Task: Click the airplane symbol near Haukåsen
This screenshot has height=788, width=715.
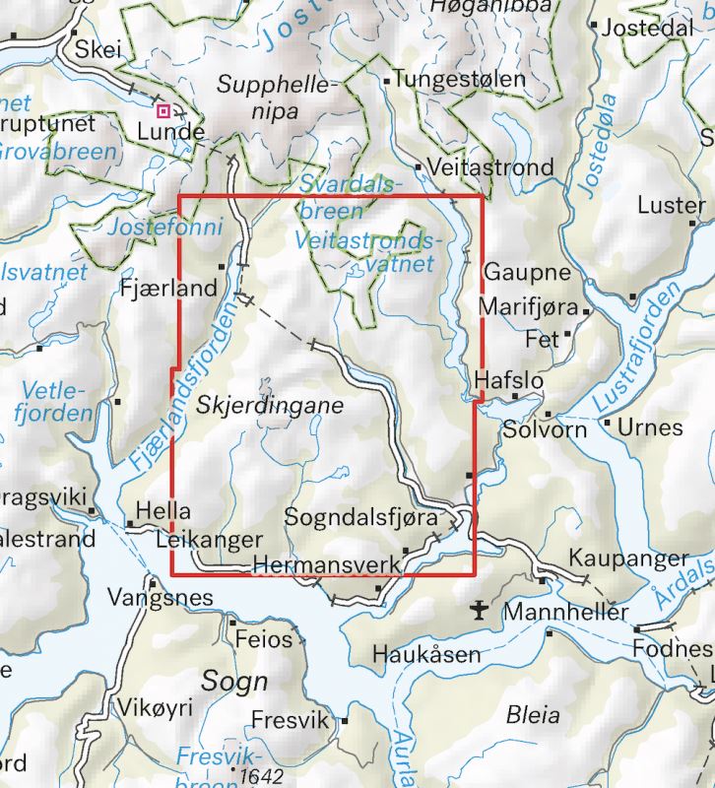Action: [x=479, y=611]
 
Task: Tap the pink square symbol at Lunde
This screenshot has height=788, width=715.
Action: [x=164, y=110]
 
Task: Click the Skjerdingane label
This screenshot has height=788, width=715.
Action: [x=269, y=405]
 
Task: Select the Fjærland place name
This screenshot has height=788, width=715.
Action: [x=166, y=290]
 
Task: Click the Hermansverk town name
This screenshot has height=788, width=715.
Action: [x=328, y=564]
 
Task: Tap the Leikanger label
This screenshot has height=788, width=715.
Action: [x=210, y=540]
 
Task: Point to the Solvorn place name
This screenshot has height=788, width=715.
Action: [x=545, y=430]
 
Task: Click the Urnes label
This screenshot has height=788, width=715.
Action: [x=650, y=427]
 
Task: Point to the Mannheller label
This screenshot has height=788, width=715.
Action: [x=565, y=613]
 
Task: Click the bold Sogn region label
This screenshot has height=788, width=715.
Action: [x=234, y=681]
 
